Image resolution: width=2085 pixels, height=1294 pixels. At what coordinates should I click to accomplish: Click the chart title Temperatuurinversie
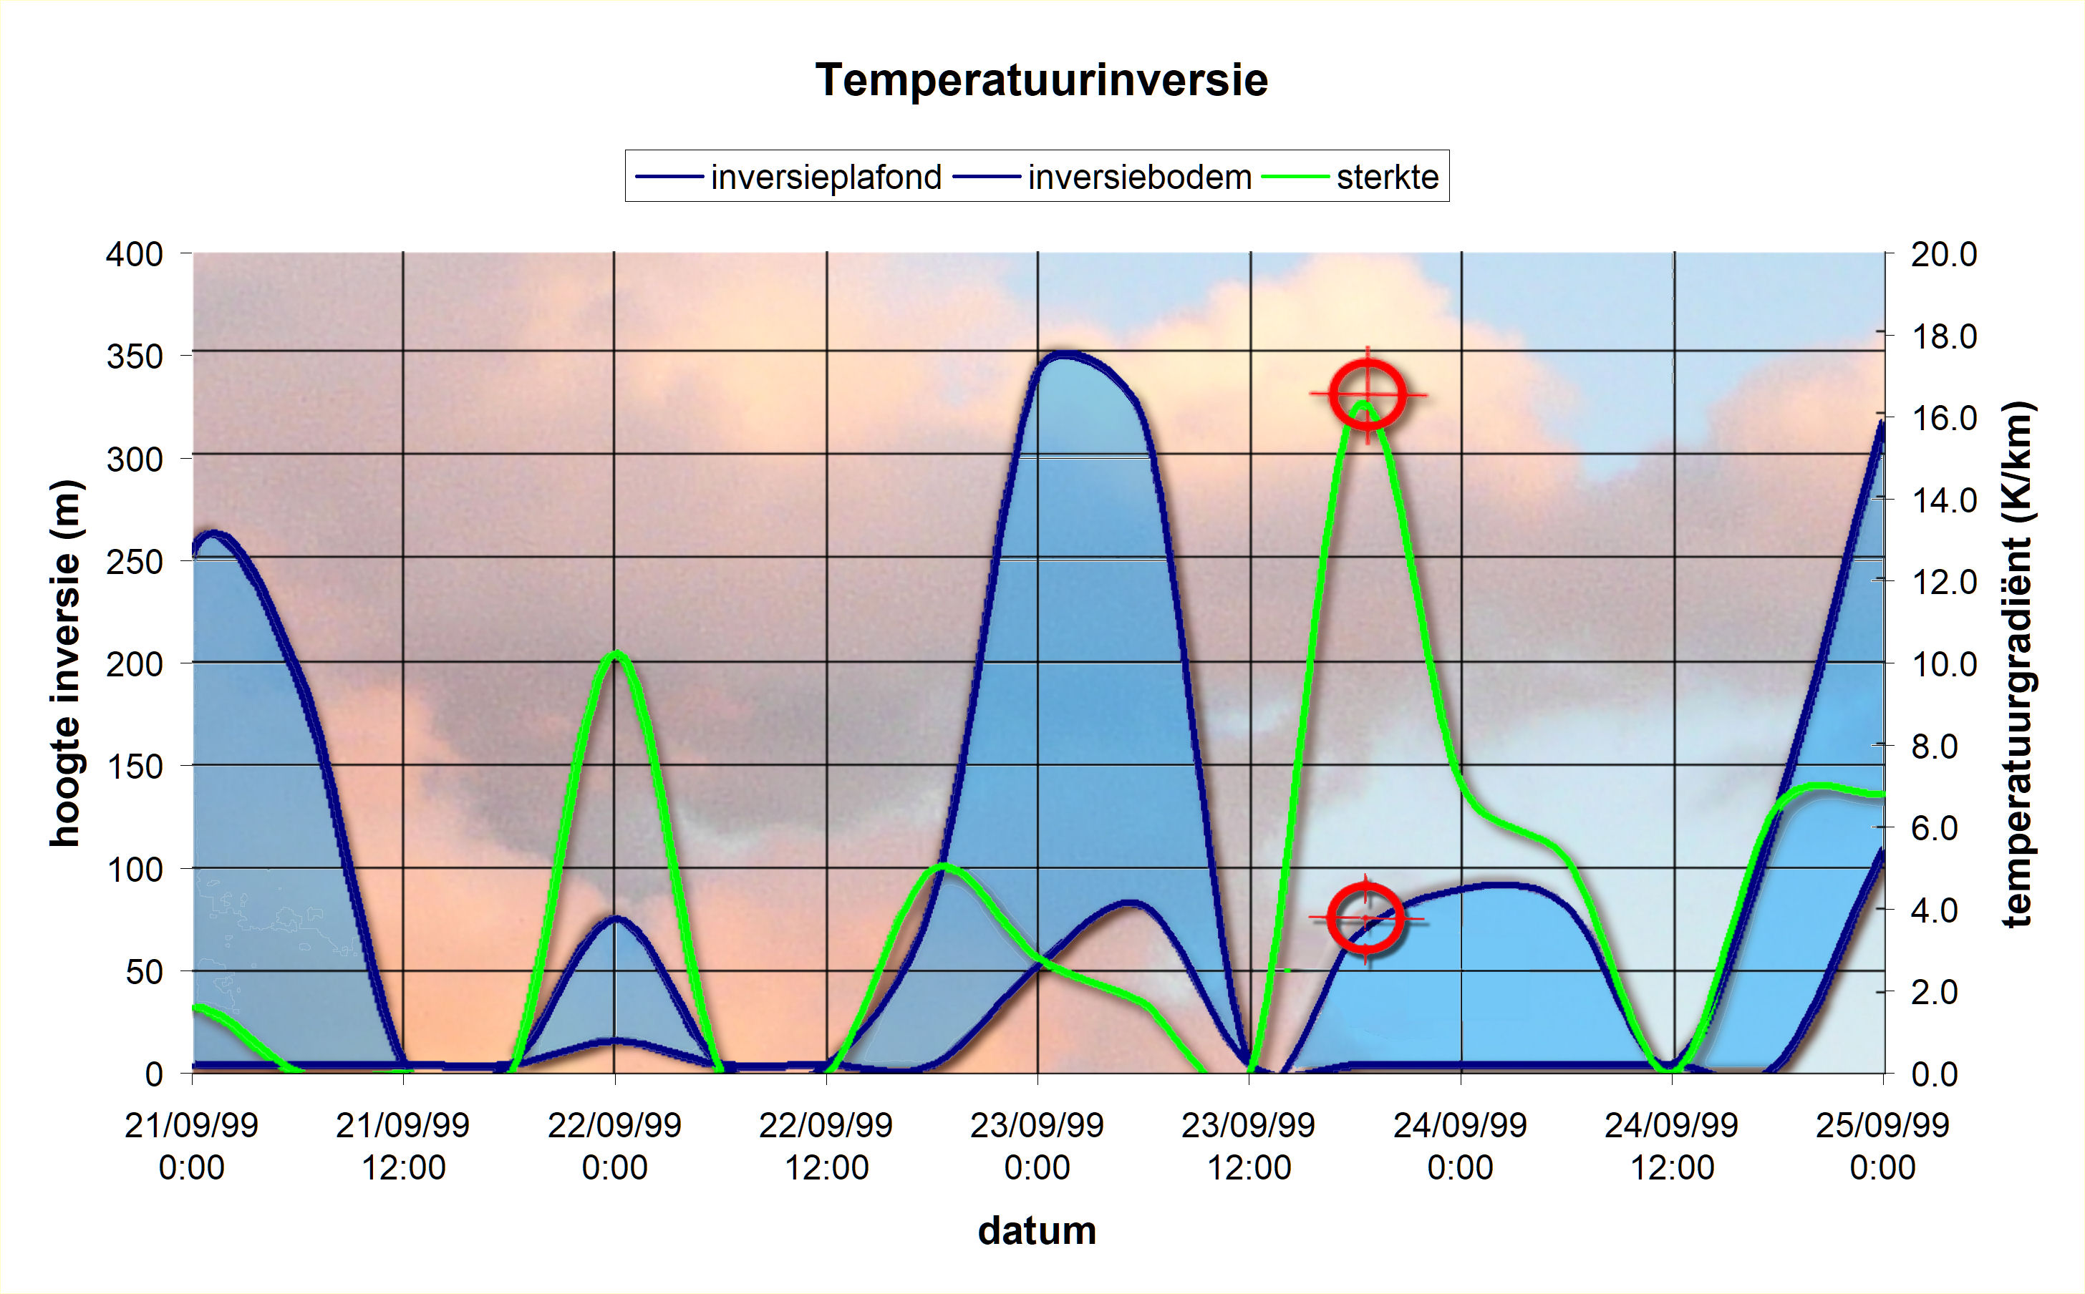tap(1042, 80)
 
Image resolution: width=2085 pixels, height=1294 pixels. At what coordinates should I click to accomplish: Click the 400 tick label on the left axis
tap(135, 254)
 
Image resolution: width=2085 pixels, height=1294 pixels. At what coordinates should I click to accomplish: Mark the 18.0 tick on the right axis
tap(1944, 336)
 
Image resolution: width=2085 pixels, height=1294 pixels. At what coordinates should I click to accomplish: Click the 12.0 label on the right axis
tap(1944, 582)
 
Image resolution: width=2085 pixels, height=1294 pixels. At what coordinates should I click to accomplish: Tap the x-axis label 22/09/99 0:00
tap(614, 1146)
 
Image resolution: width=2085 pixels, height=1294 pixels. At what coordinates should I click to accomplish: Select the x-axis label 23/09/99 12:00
tap(1249, 1146)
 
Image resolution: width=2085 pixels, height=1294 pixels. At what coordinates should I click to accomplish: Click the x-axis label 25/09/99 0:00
tap(1882, 1146)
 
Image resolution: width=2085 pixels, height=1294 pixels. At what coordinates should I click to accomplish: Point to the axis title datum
tap(1037, 1231)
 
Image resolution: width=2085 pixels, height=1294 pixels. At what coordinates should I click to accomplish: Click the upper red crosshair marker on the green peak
tap(1368, 395)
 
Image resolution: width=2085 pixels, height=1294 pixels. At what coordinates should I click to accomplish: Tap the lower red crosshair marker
tap(1365, 918)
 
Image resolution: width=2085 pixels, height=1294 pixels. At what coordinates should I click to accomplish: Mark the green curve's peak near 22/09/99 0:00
tap(615, 655)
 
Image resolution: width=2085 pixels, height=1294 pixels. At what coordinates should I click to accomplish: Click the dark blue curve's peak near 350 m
tap(1061, 354)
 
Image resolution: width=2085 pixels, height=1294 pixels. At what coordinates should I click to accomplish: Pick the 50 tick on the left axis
tap(144, 971)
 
